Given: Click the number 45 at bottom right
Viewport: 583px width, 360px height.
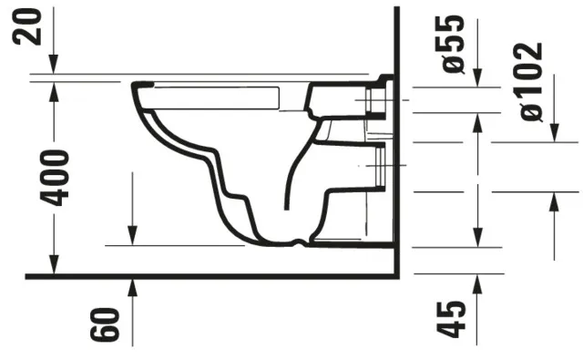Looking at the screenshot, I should click(452, 319).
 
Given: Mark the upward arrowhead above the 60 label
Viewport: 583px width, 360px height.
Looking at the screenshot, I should click(132, 287).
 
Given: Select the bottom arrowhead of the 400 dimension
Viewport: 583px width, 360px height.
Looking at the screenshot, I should click(54, 266).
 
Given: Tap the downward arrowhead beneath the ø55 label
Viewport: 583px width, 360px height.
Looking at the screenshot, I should click(476, 81).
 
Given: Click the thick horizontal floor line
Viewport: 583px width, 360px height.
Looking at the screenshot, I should click(210, 275).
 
